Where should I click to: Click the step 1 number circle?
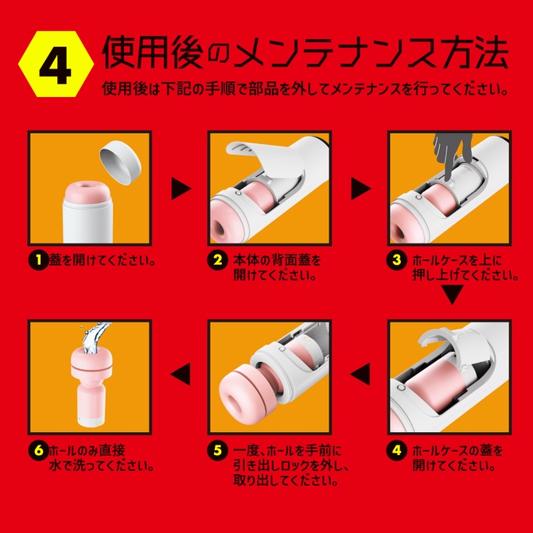point(38,260)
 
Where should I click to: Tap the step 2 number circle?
point(216,260)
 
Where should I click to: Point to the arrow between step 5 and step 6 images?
point(181,369)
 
